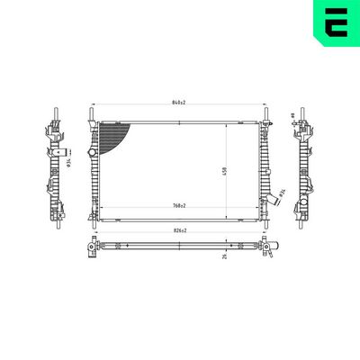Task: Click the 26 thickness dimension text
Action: point(224,255)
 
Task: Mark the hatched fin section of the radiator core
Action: point(114,138)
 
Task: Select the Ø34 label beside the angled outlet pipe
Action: point(282,192)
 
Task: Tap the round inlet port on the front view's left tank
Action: point(90,154)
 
